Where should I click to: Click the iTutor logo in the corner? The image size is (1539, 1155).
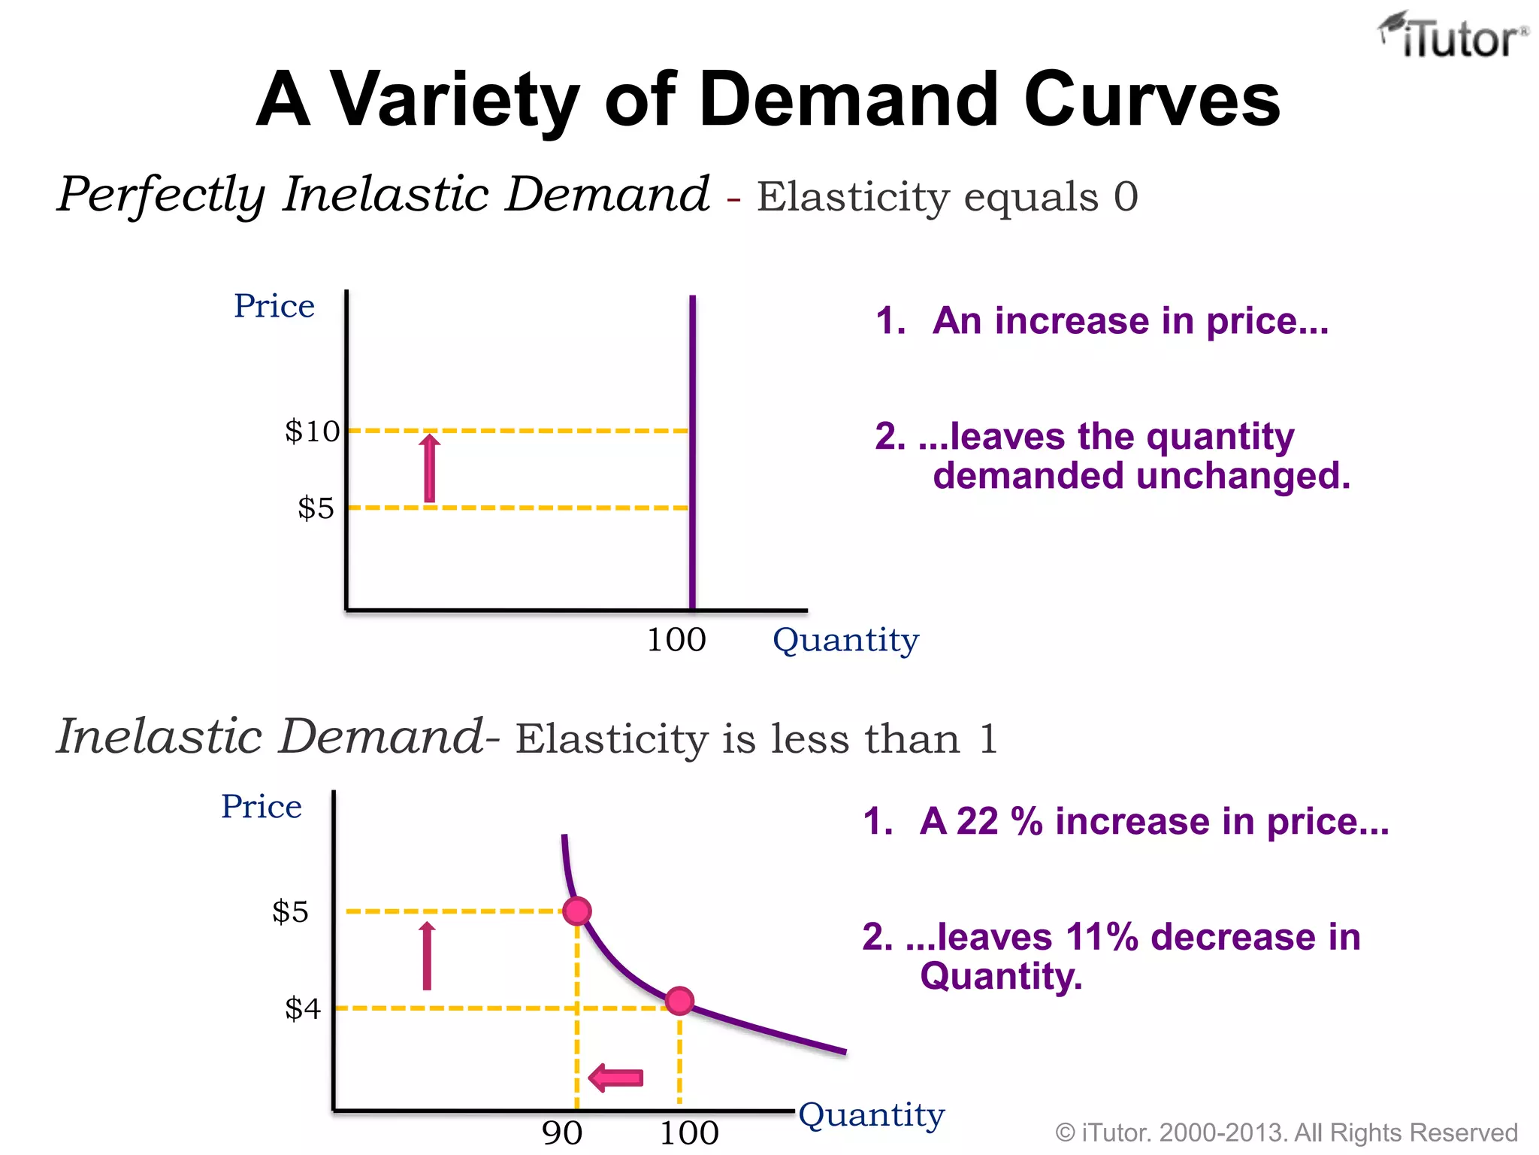(1452, 36)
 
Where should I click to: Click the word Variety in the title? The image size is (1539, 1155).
(455, 99)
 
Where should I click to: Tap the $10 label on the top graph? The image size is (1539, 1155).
(312, 432)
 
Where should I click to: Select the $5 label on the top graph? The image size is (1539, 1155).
(316, 508)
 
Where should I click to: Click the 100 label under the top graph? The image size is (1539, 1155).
(676, 640)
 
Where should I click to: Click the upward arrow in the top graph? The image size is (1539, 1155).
(430, 468)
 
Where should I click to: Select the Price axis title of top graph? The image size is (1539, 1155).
(274, 306)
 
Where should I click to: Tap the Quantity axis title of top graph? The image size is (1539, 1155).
(845, 640)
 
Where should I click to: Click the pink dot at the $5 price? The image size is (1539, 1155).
(577, 911)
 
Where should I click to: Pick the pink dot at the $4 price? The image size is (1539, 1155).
(679, 1001)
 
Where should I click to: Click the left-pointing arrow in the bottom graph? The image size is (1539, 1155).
(616, 1078)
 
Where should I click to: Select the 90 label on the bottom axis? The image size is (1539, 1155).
(562, 1132)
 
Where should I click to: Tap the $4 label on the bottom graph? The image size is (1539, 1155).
(302, 1008)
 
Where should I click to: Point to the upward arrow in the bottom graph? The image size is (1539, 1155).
(427, 956)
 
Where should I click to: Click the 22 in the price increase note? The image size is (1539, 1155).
(977, 821)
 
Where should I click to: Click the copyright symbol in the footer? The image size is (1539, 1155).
(1065, 1132)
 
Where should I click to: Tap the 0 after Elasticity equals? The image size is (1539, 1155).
(1125, 197)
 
